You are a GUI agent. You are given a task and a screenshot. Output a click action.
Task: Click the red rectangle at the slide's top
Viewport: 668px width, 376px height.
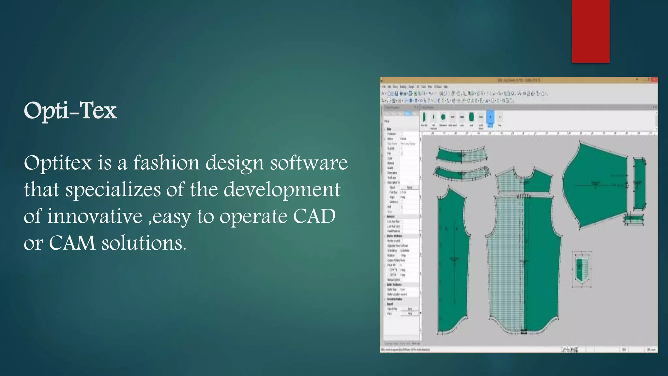tap(590, 31)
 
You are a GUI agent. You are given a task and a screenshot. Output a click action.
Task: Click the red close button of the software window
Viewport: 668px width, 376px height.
tap(654, 80)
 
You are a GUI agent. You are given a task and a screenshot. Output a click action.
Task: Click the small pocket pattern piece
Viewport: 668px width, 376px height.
tap(581, 269)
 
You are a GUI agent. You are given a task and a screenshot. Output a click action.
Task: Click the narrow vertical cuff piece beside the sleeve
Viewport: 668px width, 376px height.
tap(639, 184)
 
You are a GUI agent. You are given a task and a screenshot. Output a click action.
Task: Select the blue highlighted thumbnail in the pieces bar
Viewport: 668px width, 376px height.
tap(490, 117)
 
